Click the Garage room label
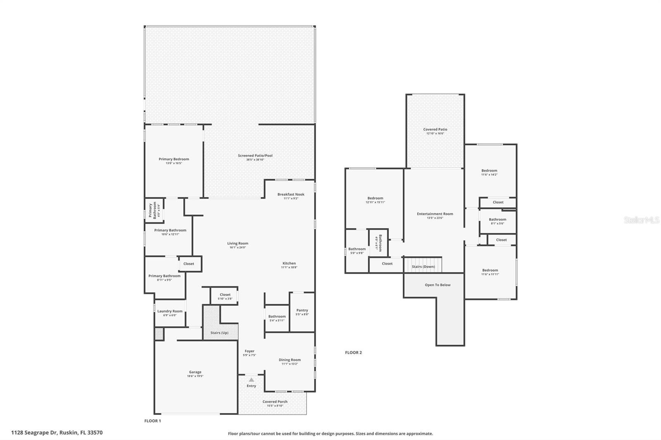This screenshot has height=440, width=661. point(195,372)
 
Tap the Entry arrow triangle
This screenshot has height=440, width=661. point(251,380)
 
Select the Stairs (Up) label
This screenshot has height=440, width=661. point(219,333)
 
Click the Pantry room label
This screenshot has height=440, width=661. point(302,310)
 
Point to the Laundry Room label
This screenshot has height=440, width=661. point(170,311)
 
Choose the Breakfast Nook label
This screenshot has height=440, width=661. point(291,194)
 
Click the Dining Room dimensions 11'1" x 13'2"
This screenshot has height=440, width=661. point(290,364)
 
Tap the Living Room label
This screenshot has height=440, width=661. point(238,244)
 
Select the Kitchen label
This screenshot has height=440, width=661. point(289,263)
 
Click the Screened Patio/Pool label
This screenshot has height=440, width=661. point(255,156)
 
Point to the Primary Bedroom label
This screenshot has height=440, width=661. point(174,159)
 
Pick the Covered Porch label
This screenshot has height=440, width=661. point(275,402)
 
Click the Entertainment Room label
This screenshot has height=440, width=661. point(435,214)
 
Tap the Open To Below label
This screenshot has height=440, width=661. point(437,285)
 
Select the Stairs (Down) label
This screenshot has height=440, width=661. point(423,267)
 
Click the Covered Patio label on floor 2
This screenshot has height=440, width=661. point(435,130)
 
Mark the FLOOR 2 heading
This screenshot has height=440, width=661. point(353,352)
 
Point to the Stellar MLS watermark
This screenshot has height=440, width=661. point(641,220)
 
